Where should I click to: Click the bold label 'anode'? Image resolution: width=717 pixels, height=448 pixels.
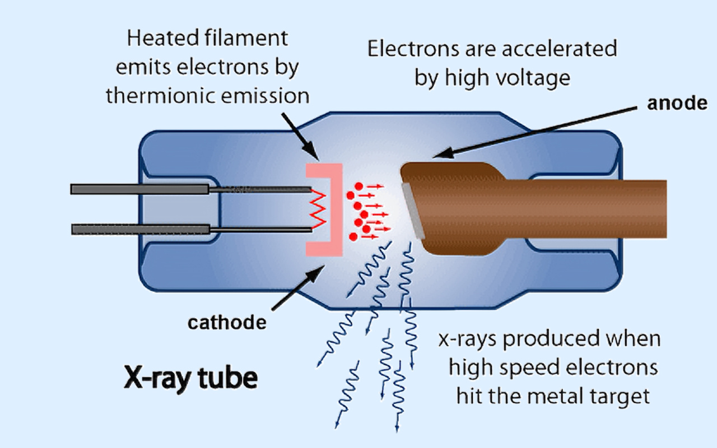677,105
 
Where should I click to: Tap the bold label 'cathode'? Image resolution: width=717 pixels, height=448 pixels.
226,323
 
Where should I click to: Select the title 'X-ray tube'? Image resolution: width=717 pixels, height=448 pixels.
190,379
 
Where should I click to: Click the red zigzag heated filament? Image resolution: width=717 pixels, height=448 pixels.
318,208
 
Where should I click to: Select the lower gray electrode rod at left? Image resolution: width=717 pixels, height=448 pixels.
140,228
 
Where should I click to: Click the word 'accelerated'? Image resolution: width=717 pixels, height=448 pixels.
561,49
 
